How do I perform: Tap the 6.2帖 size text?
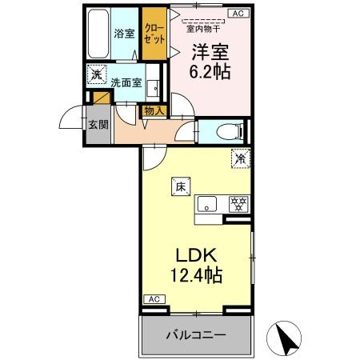pos(211,70)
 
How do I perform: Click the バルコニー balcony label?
pos(196,334)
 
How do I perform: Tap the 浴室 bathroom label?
pos(123,34)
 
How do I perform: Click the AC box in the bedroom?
pos(238,13)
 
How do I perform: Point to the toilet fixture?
pos(226,131)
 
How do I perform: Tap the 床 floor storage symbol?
pos(179,186)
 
